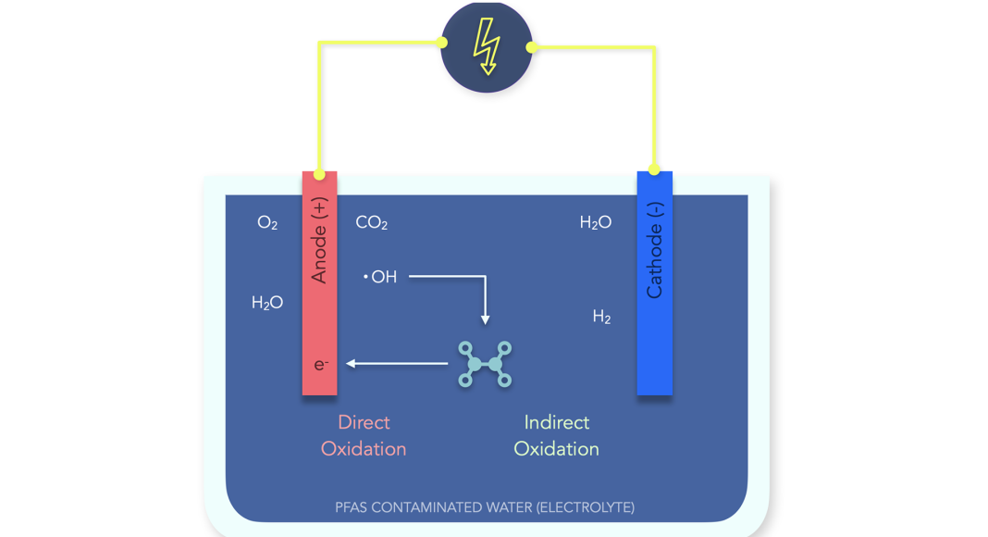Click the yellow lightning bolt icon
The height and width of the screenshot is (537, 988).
487,46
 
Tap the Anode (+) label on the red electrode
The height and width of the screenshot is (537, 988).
320,240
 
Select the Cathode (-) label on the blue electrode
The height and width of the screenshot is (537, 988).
655,250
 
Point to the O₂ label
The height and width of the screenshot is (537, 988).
267,223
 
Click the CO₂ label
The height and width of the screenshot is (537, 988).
371,223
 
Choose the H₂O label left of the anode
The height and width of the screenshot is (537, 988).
267,303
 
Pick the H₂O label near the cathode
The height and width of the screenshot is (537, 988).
596,223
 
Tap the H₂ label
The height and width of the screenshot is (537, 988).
601,318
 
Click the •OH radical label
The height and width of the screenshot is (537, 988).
380,276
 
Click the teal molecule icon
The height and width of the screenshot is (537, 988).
486,364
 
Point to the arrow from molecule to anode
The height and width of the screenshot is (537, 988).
398,364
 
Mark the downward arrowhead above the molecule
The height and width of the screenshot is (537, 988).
486,319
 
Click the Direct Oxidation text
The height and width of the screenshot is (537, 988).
364,435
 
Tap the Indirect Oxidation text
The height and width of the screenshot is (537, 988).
556,435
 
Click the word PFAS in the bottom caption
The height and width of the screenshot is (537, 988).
352,507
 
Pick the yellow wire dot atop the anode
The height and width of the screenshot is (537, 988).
319,174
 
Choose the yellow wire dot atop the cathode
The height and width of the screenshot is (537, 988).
654,169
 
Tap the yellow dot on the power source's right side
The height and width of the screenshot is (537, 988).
531,46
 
